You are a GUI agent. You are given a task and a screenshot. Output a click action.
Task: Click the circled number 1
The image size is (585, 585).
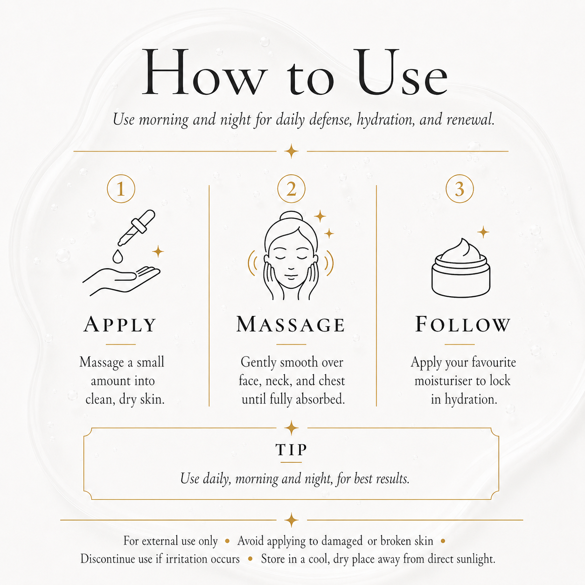(x=121, y=188)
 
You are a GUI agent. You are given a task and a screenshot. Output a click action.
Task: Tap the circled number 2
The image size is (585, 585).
(x=291, y=188)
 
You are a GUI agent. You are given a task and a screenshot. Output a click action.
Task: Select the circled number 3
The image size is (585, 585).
(x=460, y=188)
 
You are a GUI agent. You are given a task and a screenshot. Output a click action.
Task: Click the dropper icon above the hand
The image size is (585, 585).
(x=137, y=227)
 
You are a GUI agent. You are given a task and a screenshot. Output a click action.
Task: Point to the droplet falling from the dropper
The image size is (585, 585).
(x=118, y=256)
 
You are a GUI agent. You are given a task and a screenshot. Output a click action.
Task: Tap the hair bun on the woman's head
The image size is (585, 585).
(x=291, y=217)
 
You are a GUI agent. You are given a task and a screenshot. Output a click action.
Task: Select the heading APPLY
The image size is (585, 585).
(x=120, y=325)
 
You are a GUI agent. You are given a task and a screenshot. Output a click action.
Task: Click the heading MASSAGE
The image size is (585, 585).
(x=291, y=324)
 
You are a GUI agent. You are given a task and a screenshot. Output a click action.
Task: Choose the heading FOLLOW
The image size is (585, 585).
(x=463, y=324)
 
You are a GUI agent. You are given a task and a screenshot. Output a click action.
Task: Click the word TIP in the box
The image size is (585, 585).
(x=292, y=450)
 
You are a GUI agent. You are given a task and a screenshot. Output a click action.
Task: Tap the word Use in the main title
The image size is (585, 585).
(x=401, y=72)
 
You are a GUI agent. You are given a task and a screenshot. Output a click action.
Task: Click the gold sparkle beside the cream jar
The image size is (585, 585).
(x=483, y=232)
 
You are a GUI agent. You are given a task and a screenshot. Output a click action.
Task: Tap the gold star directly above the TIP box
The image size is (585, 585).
(x=292, y=428)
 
